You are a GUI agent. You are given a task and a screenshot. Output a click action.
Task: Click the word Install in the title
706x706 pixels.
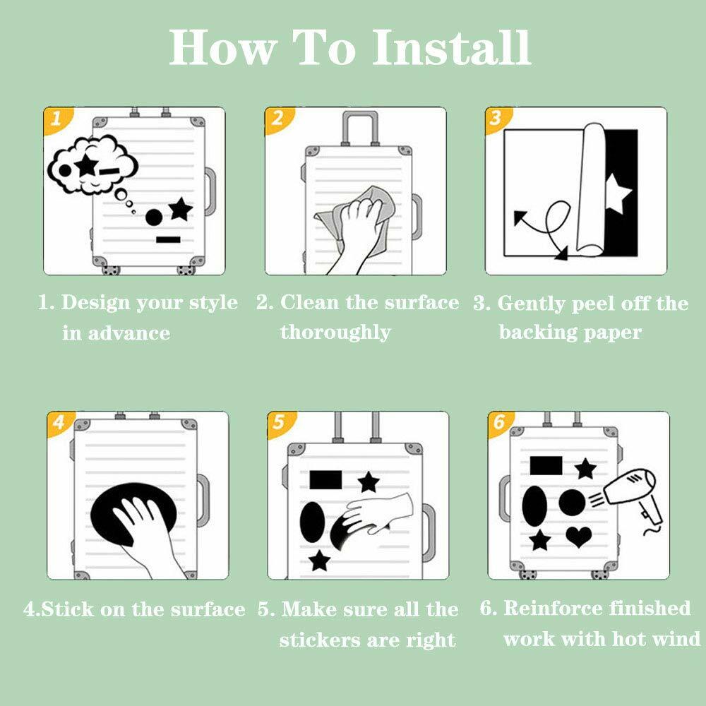pyautogui.click(x=452, y=47)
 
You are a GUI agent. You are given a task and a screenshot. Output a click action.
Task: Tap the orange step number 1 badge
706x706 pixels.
pyautogui.click(x=56, y=119)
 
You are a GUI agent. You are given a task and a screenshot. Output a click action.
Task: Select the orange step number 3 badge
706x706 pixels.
pyautogui.click(x=496, y=119)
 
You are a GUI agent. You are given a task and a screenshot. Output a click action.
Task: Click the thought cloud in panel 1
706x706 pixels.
pyautogui.click(x=92, y=164)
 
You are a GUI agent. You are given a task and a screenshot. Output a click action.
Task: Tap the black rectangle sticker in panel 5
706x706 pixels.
pyautogui.click(x=325, y=480)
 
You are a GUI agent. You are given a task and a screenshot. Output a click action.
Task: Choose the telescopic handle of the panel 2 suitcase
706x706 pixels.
pyautogui.click(x=360, y=128)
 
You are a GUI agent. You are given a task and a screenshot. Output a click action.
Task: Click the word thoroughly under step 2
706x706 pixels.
pyautogui.click(x=335, y=333)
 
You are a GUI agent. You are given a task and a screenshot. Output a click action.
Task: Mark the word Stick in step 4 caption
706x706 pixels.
pyautogui.click(x=67, y=609)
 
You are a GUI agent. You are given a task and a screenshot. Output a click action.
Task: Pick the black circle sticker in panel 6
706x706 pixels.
pyautogui.click(x=572, y=501)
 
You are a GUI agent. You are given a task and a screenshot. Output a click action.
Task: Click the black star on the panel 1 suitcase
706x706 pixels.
pyautogui.click(x=181, y=209)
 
